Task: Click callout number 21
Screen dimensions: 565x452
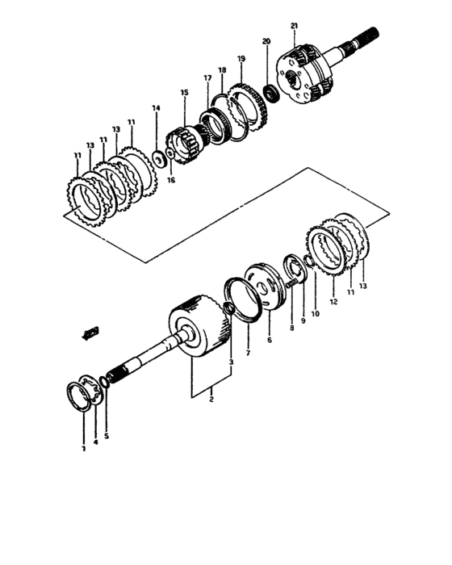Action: (294, 26)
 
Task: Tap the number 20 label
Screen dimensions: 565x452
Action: (266, 41)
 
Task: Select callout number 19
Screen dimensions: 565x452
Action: (241, 59)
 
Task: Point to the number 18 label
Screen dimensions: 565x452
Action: (222, 70)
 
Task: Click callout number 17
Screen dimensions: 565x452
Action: (207, 77)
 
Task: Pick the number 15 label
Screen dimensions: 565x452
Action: (184, 93)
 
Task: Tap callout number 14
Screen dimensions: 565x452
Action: (156, 107)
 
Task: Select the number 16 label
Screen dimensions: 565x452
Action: (170, 181)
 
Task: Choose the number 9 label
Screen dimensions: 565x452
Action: (303, 320)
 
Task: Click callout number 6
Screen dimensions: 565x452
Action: (270, 341)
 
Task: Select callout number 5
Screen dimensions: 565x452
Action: (106, 436)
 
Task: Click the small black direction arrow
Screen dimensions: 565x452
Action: (90, 331)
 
